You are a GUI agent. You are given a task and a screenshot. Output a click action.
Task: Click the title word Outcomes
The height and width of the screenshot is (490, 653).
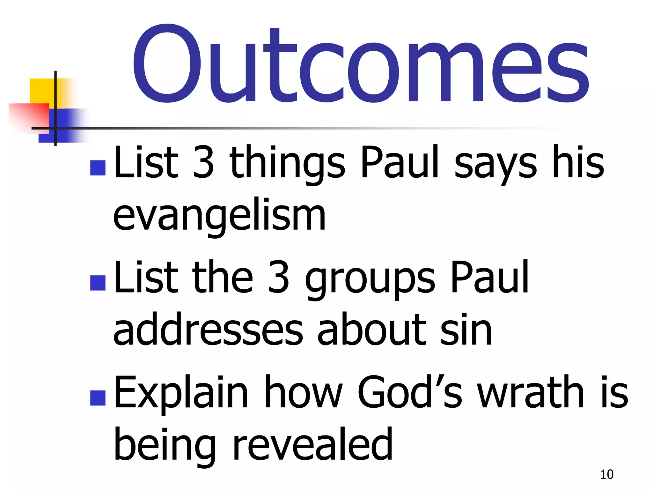pos(360,65)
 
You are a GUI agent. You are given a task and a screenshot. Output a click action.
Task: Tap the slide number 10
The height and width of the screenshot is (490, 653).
pos(606,474)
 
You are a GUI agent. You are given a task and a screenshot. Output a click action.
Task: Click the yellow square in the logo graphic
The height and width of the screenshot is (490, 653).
pos(41,91)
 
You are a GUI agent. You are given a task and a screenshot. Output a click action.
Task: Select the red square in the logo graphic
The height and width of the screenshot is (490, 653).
pos(29,116)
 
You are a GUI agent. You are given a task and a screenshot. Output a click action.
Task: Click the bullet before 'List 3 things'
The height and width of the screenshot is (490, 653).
pos(98,168)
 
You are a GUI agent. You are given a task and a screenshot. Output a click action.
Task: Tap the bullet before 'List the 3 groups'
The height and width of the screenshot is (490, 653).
pos(98,283)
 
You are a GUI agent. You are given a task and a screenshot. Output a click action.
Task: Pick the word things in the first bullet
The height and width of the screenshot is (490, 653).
pos(287,163)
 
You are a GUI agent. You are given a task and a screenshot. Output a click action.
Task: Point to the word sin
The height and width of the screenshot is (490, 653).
pos(466,329)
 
